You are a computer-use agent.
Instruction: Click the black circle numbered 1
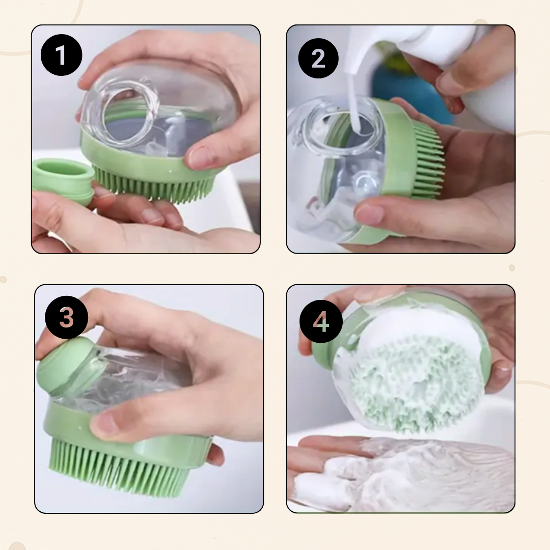point(62,55)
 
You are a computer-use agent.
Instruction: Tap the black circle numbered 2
point(318,58)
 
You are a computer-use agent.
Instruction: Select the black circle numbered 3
point(66,317)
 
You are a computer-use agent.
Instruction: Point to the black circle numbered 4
point(321,321)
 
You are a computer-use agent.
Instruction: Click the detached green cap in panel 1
point(63,181)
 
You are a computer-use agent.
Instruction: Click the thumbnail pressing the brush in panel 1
point(200,158)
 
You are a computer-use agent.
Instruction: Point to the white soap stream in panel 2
point(352,102)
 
